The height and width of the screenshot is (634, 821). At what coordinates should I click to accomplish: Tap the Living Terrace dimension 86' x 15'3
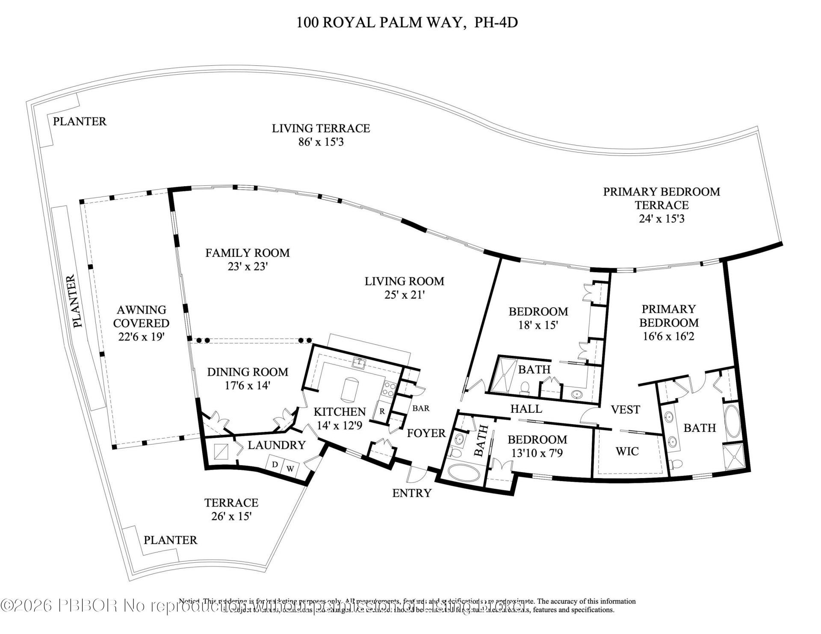(x=321, y=142)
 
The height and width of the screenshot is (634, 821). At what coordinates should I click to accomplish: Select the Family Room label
(x=247, y=253)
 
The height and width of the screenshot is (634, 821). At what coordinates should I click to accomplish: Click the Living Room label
(x=404, y=281)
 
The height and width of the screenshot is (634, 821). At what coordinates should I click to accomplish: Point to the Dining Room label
(x=248, y=372)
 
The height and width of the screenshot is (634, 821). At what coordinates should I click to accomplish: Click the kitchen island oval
(x=349, y=389)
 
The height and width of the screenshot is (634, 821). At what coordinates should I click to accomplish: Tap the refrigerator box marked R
(x=382, y=412)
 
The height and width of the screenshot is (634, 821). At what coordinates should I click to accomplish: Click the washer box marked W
(x=290, y=469)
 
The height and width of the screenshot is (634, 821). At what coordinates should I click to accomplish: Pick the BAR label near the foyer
(x=421, y=408)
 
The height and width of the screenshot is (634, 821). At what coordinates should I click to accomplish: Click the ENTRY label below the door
(x=412, y=493)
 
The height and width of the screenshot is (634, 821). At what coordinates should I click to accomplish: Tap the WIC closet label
(x=627, y=451)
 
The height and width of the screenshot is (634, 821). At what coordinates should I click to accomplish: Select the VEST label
(x=625, y=410)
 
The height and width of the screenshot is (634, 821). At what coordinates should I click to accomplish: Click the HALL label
(x=526, y=409)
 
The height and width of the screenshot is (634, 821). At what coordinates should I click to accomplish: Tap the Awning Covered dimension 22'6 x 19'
(x=141, y=337)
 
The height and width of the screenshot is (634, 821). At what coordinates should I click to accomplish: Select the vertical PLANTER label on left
(x=75, y=301)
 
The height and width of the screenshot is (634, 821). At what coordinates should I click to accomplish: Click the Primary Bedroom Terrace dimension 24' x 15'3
(x=662, y=219)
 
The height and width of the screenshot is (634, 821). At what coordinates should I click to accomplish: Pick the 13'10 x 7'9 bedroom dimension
(x=537, y=452)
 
